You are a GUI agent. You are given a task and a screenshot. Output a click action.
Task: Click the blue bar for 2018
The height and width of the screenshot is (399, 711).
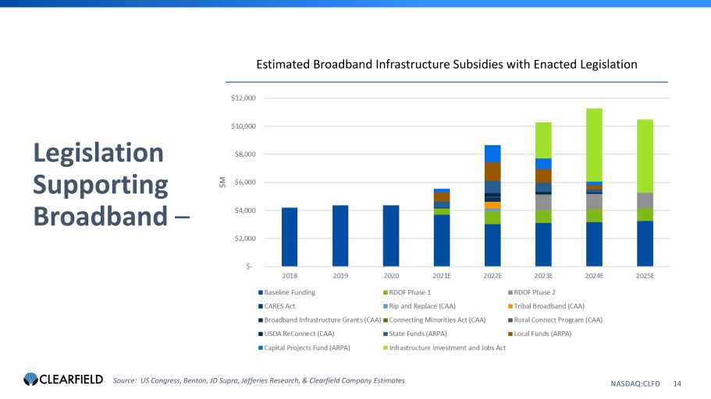[x=290, y=236]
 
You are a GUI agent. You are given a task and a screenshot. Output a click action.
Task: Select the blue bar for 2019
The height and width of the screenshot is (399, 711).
[x=340, y=235]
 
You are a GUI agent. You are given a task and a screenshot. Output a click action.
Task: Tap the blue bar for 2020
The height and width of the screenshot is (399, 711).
[x=391, y=235]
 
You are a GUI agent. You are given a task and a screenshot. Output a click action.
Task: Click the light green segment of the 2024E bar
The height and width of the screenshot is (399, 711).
[x=595, y=144]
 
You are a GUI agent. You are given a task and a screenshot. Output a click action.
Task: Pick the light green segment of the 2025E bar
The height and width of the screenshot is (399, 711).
[x=645, y=156]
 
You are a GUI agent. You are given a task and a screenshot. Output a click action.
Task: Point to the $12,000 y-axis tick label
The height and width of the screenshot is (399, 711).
[x=249, y=98]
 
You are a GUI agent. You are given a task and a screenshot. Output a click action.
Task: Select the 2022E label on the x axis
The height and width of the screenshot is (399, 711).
[x=492, y=275]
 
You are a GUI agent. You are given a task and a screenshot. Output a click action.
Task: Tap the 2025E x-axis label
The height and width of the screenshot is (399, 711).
[x=645, y=275]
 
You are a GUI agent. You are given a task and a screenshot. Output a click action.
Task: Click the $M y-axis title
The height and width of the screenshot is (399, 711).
[x=222, y=182]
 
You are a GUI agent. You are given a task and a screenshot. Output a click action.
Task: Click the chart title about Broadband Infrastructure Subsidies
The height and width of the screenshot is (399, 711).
[x=446, y=64]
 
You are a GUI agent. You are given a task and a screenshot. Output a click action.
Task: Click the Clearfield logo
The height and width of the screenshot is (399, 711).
[x=63, y=380]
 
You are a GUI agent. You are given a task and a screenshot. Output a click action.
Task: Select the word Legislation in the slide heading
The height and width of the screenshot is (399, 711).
[x=98, y=153]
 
